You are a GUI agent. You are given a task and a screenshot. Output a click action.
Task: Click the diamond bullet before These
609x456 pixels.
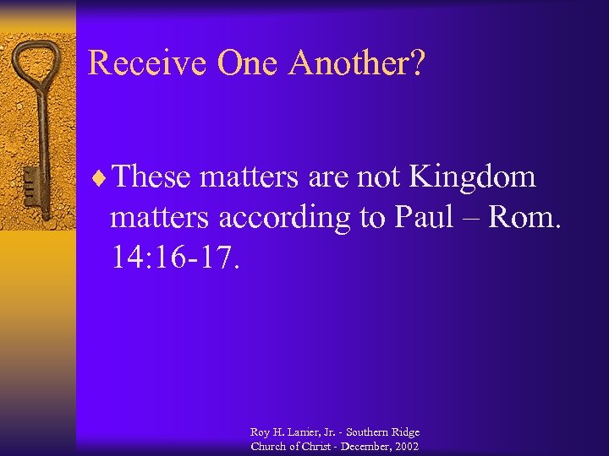103,178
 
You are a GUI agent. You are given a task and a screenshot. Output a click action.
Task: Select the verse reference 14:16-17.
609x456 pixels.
176,258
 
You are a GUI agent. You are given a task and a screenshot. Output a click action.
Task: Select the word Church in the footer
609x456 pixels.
268,446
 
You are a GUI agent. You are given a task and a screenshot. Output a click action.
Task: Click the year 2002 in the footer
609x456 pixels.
404,446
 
